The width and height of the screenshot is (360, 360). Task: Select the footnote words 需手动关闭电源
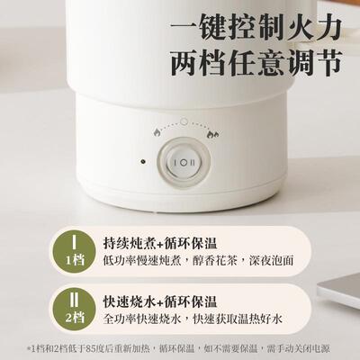[301, 346]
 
